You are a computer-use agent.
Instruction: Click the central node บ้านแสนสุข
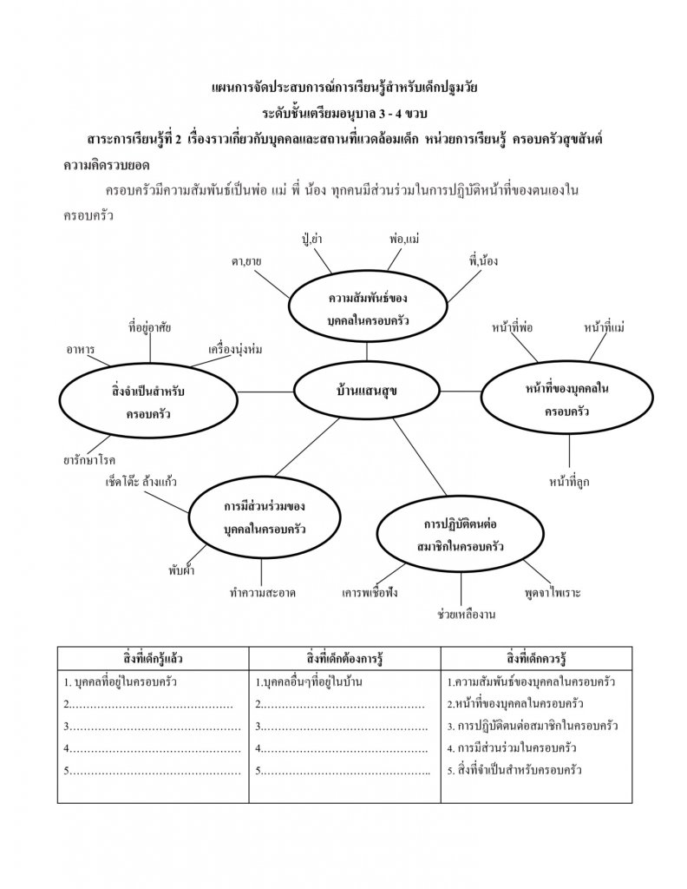(x=367, y=391)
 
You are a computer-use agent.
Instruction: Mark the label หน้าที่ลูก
(x=569, y=480)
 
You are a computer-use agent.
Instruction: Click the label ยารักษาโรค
(x=89, y=459)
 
